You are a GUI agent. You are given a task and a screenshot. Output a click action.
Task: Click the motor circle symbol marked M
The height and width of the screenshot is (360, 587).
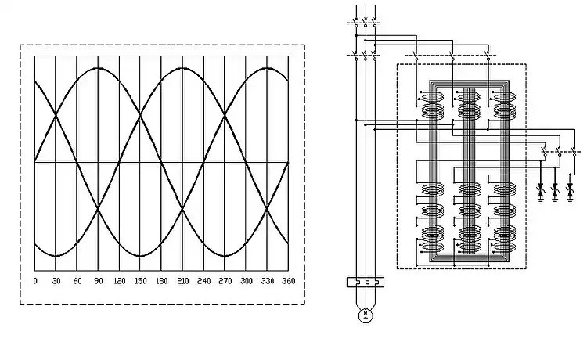[x=364, y=315]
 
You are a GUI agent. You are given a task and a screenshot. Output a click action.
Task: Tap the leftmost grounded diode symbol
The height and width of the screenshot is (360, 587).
[x=540, y=190]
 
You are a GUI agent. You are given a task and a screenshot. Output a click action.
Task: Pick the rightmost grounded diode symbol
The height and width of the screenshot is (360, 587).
[x=571, y=190]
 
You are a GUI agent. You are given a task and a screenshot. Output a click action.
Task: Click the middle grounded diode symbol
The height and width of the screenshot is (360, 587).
[x=556, y=190]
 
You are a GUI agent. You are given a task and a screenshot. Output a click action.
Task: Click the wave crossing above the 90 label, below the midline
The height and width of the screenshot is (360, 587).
[x=98, y=209]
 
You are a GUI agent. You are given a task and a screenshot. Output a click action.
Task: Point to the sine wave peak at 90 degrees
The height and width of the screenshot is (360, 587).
[x=98, y=68]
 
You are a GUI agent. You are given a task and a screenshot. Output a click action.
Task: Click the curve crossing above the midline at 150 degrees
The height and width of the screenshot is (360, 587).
[x=140, y=116]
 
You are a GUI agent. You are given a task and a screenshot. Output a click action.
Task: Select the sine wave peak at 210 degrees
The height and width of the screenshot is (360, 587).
[x=182, y=68]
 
